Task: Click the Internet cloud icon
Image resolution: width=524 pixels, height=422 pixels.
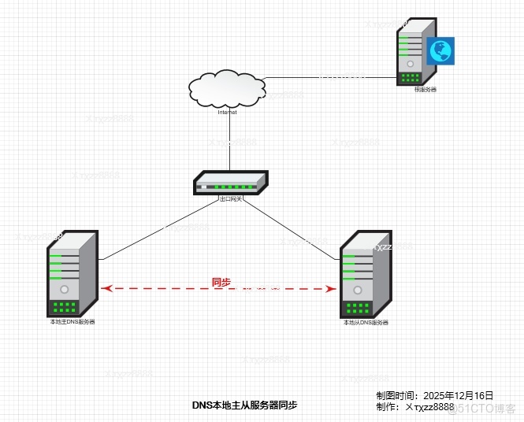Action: coord(227,89)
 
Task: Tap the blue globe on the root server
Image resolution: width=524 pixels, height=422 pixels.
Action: coord(440,51)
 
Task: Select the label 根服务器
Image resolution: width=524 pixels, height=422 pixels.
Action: coord(426,90)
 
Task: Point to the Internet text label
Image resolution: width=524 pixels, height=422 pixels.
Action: coord(228,113)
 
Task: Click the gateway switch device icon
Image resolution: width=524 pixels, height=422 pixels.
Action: coord(230,183)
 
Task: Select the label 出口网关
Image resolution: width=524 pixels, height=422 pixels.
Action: coord(231,199)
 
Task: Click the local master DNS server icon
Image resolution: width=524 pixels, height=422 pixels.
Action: coord(72,273)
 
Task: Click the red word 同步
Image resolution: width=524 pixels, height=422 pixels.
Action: coord(221,282)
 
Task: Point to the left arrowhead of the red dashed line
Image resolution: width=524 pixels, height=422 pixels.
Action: coord(108,289)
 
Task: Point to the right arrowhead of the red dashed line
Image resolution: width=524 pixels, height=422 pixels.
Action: coord(331,289)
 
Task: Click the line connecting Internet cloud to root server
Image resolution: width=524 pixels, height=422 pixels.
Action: coord(331,77)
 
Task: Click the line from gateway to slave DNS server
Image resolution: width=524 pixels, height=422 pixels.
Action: coord(292,228)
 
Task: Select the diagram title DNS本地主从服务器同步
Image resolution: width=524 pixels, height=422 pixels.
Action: coord(245,405)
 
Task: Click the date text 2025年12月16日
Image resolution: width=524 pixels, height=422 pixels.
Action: coord(458,395)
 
